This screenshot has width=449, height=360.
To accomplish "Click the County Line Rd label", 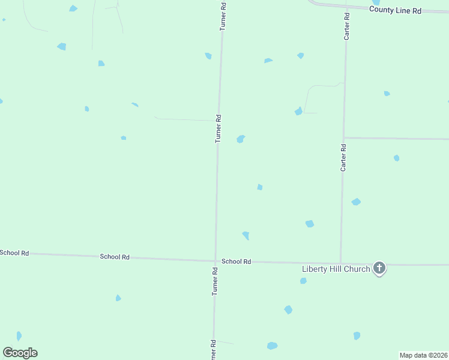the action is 395,10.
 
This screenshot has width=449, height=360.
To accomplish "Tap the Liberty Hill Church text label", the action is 336,269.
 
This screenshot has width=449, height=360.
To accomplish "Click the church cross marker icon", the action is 379,268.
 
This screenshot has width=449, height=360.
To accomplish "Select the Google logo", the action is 20,353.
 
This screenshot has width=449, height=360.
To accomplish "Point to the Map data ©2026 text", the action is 424,355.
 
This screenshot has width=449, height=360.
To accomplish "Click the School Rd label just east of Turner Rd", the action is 236,262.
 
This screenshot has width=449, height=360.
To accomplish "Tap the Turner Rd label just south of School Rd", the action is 214,281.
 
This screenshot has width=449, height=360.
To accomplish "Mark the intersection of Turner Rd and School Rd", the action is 215,261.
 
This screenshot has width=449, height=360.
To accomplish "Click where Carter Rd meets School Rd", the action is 341,263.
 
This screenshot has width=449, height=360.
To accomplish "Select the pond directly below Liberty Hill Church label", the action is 303,280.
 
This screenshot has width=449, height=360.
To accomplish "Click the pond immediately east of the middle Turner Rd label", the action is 241,139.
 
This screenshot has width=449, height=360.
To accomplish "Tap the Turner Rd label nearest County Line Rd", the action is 222,16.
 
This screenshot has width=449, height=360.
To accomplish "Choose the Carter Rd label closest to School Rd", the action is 343,157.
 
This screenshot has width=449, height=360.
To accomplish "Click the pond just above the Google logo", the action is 19,336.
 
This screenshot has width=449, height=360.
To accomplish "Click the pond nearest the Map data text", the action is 357,335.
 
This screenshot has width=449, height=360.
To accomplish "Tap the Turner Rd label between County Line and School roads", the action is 219,128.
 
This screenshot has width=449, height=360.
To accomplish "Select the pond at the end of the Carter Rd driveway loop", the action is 298,112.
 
